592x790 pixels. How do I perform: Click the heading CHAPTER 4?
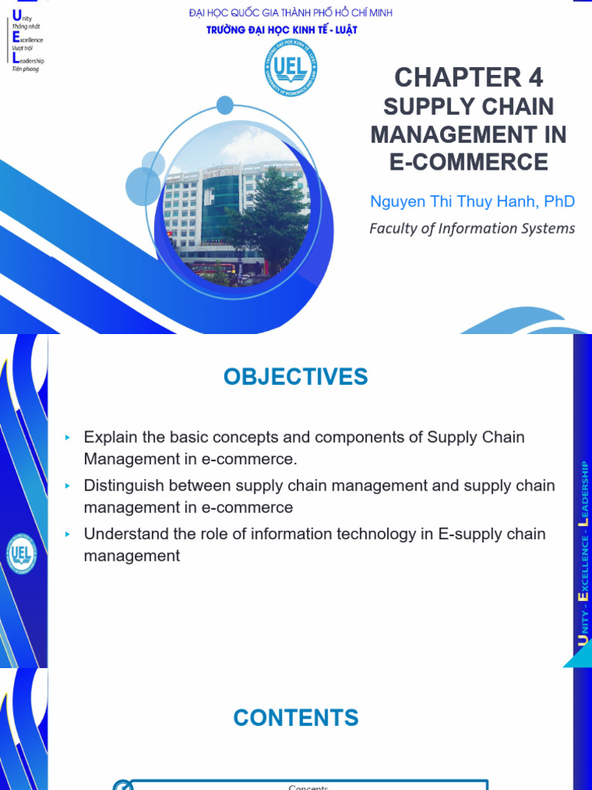pyautogui.click(x=469, y=77)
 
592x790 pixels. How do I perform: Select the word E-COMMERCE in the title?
pyautogui.click(x=469, y=162)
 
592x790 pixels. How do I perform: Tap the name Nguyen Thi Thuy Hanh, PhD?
pyautogui.click(x=473, y=202)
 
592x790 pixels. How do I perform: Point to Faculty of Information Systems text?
pyautogui.click(x=472, y=228)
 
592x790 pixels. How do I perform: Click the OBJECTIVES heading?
pyautogui.click(x=296, y=377)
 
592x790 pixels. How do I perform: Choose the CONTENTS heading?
pyautogui.click(x=296, y=717)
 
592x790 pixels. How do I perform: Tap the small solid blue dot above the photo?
pyautogui.click(x=225, y=105)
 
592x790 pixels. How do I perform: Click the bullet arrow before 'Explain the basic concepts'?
pyautogui.click(x=68, y=437)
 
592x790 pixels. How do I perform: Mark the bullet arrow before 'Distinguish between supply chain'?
pyautogui.click(x=68, y=486)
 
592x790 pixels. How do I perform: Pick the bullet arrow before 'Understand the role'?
pyautogui.click(x=68, y=534)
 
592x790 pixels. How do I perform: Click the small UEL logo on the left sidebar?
pyautogui.click(x=22, y=553)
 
